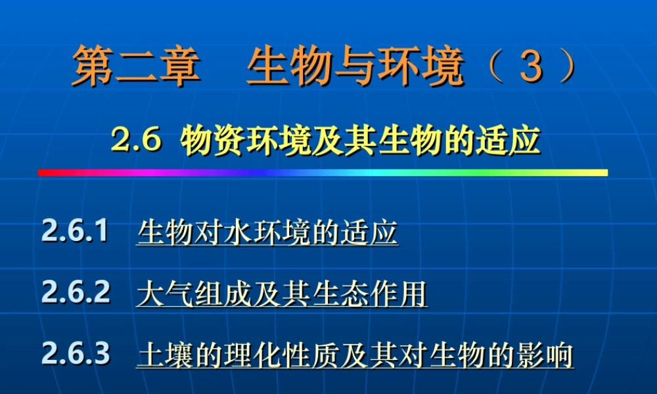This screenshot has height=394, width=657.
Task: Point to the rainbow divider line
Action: pyautogui.click(x=322, y=173)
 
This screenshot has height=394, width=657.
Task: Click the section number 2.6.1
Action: pyautogui.click(x=75, y=232)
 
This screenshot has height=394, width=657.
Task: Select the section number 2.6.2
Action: pyautogui.click(x=76, y=293)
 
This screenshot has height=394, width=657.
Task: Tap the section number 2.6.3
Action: pyautogui.click(x=76, y=354)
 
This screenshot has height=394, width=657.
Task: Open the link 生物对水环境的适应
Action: pyautogui.click(x=267, y=233)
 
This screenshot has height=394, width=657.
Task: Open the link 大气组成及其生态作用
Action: pyautogui.click(x=282, y=294)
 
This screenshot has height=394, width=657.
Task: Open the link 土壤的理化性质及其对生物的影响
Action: pyautogui.click(x=355, y=355)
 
